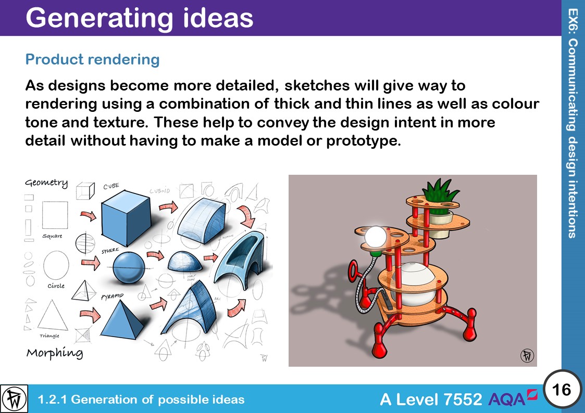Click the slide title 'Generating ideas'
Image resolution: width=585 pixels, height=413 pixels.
pos(139,18)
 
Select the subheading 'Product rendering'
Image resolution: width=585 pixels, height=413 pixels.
pos(92,59)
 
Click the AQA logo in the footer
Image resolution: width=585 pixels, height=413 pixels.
pos(513,398)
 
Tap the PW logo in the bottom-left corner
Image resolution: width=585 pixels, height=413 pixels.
pos(14,399)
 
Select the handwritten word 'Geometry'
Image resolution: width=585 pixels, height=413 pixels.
pos(47,183)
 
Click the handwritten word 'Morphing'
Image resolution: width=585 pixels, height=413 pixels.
pos(54,353)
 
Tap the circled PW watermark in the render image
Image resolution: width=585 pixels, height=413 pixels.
pos(527,355)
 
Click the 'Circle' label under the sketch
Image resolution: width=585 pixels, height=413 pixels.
pos(56,286)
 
